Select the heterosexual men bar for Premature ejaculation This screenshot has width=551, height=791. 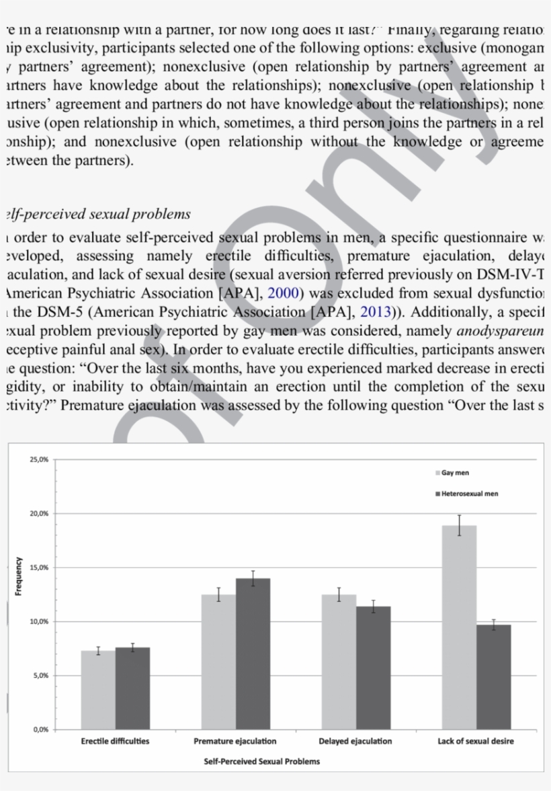coord(253,652)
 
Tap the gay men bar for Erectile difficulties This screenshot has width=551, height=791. coord(98,689)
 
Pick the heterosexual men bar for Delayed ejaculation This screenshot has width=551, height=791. coord(373,667)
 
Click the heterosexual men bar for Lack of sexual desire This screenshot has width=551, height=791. coord(493,676)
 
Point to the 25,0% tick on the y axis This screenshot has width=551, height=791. coord(39,459)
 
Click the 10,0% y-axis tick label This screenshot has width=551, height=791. coord(39,621)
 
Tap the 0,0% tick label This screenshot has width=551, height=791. coord(40,729)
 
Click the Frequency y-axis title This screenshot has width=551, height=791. coord(19,576)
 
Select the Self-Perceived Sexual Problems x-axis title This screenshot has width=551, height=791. coord(262,761)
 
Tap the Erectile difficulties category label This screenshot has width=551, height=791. coord(115,741)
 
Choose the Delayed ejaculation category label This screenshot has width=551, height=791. coord(355,741)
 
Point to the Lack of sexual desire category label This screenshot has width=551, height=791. coord(476,741)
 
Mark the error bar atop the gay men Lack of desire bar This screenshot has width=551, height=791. coord(460,525)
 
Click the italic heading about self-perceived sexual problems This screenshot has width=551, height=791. coord(97,215)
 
